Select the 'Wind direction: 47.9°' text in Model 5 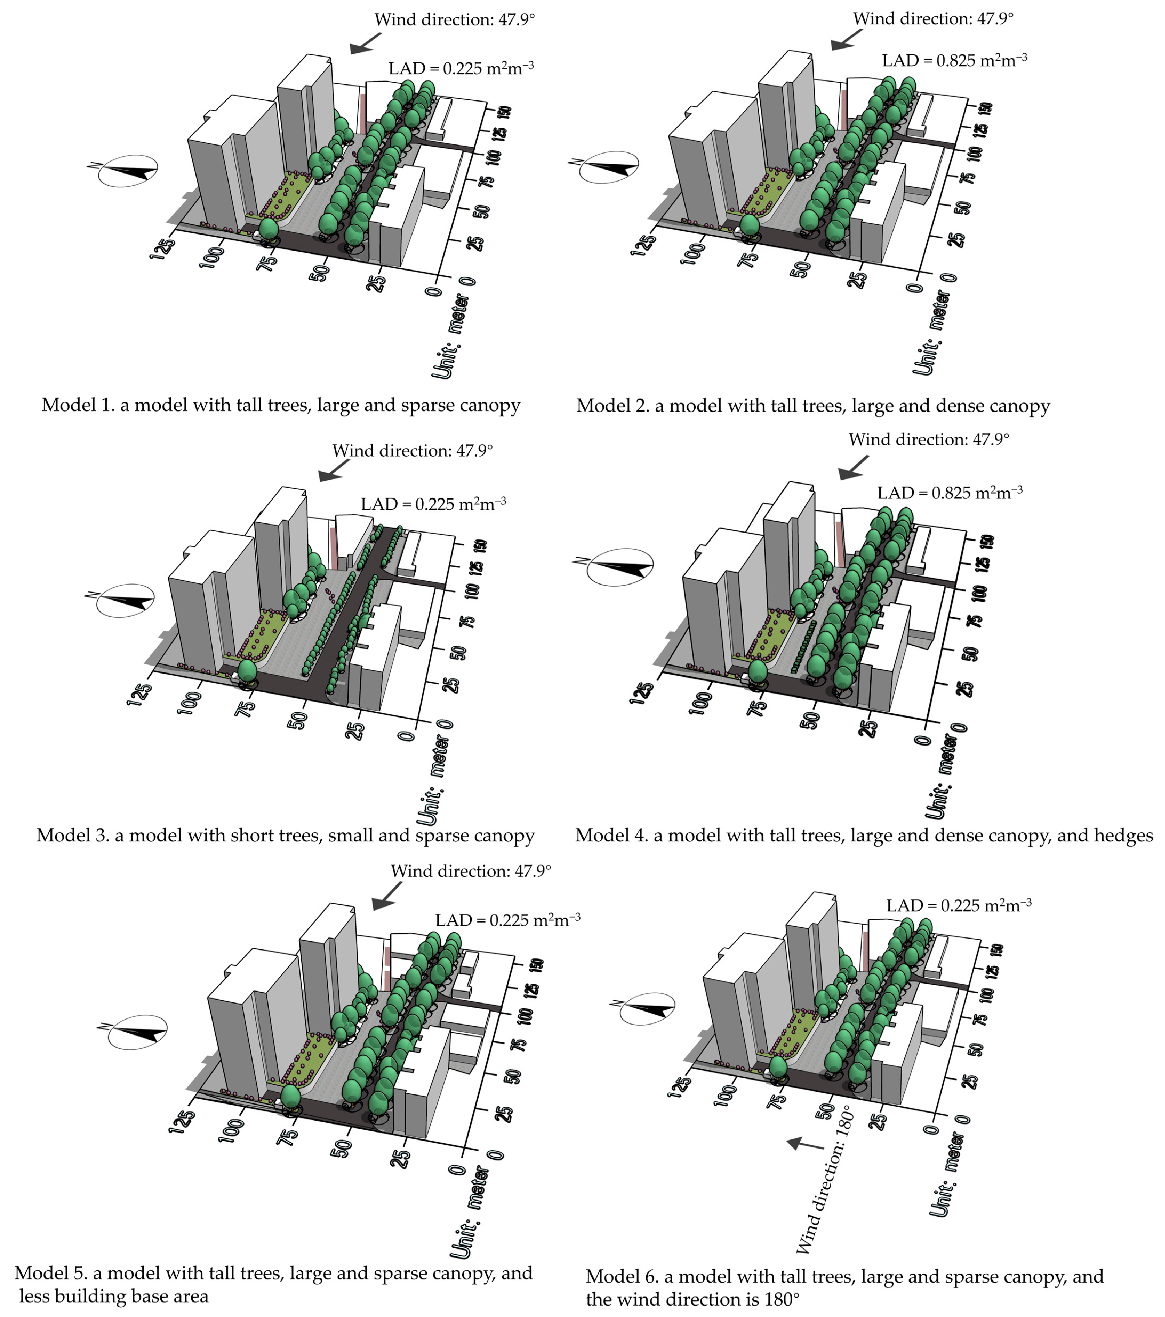click(471, 871)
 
